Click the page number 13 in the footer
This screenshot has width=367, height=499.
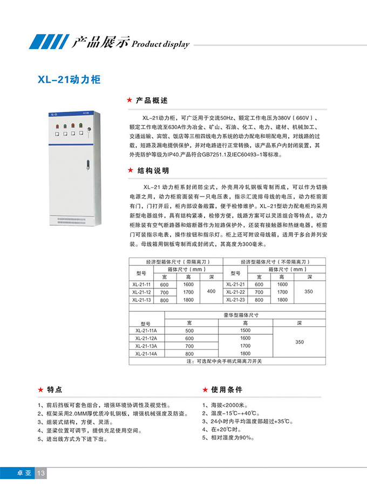coord(42,473)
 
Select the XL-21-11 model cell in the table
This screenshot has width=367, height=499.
coord(142,284)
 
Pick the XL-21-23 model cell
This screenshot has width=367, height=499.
coord(235,299)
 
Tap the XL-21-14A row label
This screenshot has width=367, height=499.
coord(147,353)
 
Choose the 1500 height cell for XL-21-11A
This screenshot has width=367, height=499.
coord(245,331)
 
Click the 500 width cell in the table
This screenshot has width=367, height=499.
coord(189,331)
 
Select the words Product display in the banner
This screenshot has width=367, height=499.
coord(160,44)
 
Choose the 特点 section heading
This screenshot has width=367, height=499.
coord(55,389)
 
